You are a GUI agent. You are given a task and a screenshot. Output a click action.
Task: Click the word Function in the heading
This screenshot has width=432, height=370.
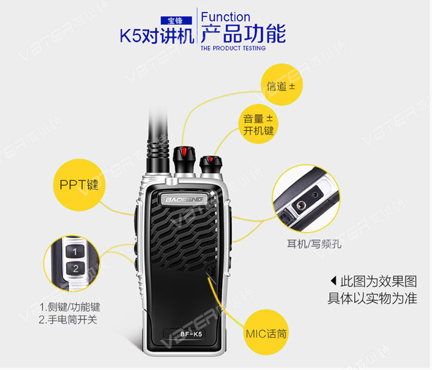225,17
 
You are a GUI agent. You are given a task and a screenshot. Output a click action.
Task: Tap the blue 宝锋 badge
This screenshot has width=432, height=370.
176,21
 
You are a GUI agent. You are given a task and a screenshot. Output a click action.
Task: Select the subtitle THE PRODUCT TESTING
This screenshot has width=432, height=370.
233,48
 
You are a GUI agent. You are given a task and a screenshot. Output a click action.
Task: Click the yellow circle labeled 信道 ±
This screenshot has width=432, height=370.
282,84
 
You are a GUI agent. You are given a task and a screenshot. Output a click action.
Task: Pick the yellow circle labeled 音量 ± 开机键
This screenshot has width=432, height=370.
258,124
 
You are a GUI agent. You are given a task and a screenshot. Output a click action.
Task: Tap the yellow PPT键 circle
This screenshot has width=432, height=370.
79,184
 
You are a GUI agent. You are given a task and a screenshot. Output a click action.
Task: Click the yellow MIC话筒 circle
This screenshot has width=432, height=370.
266,332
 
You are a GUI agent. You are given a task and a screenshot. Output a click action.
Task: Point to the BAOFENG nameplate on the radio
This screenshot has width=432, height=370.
184,199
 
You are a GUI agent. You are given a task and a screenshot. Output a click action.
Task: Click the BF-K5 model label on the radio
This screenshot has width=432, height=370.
191,334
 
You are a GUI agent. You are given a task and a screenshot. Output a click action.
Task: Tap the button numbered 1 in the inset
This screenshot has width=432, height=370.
75,251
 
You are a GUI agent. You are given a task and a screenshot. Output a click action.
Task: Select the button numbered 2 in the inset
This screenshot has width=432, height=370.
75,268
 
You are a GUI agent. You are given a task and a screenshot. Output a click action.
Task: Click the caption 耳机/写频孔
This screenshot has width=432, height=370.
314,244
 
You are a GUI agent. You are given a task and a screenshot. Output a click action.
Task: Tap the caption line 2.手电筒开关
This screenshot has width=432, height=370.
68,320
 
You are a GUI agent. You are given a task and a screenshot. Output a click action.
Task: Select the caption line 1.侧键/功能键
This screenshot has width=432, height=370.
70,307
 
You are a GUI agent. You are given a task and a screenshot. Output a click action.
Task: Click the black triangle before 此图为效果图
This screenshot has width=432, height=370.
334,281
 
